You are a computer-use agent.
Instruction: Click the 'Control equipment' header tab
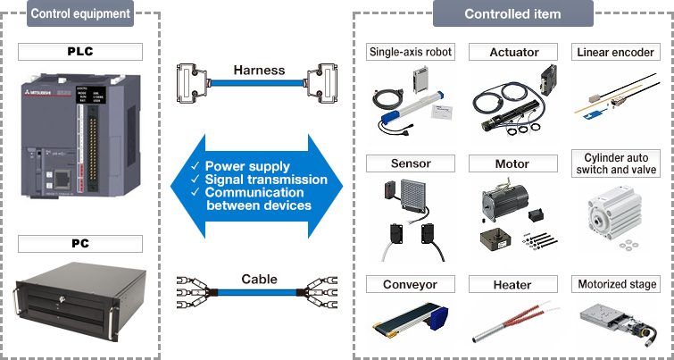coord(79,13)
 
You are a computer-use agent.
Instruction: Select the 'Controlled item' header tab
coord(512,13)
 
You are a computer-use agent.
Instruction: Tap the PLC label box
coord(79,52)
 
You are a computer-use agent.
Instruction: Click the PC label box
coord(79,243)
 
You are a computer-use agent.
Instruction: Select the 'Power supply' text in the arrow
coord(247,166)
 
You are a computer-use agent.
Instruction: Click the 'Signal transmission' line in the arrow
coord(266,180)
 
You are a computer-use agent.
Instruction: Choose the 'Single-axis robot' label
coord(411,52)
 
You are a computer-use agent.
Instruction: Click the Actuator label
coord(512,52)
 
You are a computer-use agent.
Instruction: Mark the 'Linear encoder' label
coord(615,52)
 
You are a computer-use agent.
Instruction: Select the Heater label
coord(512,285)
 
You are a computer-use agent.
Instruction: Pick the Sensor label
coord(411,164)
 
